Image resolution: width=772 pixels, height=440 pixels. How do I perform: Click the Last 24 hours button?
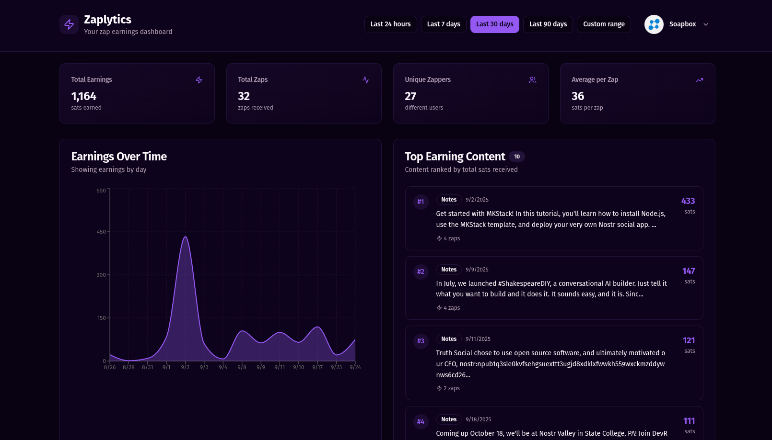click(390, 24)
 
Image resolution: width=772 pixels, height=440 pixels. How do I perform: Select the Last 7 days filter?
click(444, 24)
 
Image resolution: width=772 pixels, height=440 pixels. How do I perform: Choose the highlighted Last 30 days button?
click(494, 24)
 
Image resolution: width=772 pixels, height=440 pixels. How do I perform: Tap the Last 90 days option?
click(548, 24)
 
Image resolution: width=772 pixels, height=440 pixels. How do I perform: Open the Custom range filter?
click(604, 24)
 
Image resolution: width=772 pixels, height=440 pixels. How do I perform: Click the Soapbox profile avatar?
click(654, 24)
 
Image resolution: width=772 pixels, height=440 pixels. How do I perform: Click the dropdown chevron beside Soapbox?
click(706, 24)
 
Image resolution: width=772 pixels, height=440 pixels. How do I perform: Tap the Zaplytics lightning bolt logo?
click(69, 24)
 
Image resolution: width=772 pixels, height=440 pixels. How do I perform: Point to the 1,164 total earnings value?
click(84, 96)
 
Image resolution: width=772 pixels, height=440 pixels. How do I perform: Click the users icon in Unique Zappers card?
click(532, 80)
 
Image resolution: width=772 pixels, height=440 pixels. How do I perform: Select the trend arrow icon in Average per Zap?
click(700, 80)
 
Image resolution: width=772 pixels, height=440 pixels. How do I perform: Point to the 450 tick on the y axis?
click(101, 232)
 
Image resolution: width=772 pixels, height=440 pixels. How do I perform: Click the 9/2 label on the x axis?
click(185, 367)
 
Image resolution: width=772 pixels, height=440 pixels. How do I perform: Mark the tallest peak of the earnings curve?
click(185, 237)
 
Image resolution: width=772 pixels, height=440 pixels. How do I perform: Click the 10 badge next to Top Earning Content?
click(517, 157)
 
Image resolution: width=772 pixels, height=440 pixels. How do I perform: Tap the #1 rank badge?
click(421, 202)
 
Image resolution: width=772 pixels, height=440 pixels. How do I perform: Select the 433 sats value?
click(688, 201)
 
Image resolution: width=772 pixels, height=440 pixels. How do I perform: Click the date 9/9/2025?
click(477, 270)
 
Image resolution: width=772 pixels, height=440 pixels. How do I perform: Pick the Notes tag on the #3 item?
click(449, 339)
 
